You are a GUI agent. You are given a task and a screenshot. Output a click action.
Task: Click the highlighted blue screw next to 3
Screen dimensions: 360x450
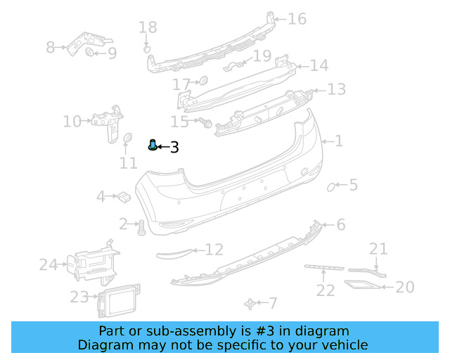point(153,146)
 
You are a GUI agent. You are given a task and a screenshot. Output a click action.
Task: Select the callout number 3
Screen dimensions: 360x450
point(174,148)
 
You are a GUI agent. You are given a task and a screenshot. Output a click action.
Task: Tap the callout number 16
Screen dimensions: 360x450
point(297,19)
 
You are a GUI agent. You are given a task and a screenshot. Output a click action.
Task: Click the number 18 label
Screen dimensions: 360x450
point(148,28)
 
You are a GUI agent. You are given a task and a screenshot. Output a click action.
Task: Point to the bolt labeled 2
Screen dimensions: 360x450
point(140,227)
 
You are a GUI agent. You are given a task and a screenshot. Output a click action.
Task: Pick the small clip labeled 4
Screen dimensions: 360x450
point(122,196)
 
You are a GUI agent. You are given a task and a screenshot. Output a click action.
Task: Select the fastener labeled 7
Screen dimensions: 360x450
point(250,303)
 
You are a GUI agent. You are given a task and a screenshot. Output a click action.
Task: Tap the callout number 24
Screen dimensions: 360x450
point(48,265)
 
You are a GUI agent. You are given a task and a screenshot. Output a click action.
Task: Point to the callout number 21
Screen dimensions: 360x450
point(378,248)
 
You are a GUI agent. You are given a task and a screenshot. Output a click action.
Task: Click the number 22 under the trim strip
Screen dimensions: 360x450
point(325,290)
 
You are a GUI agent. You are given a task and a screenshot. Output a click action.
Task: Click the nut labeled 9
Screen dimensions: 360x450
point(90,53)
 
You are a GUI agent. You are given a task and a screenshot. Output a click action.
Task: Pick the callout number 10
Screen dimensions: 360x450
point(72,122)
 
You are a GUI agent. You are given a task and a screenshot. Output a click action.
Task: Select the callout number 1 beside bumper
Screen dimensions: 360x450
point(338,141)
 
